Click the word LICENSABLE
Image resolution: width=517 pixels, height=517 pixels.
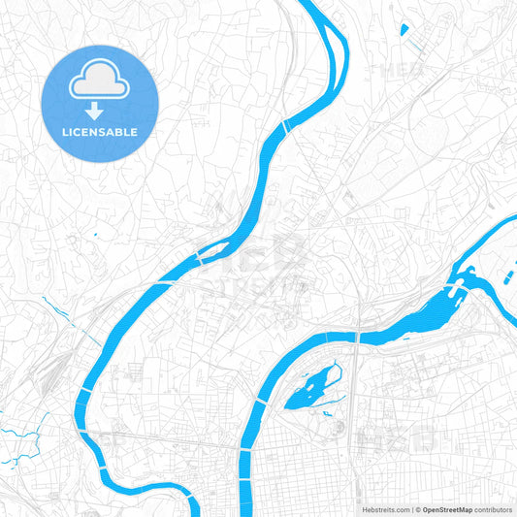(x=100, y=132)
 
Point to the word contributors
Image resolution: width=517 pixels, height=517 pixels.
(x=494, y=508)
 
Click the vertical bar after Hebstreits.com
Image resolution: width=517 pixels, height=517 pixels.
(x=410, y=508)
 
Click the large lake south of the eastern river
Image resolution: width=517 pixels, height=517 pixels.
(x=310, y=389)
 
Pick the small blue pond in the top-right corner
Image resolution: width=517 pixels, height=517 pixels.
(x=403, y=29)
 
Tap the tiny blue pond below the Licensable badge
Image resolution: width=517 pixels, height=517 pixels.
(x=97, y=235)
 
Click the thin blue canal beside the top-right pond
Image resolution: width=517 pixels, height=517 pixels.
(x=414, y=45)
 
